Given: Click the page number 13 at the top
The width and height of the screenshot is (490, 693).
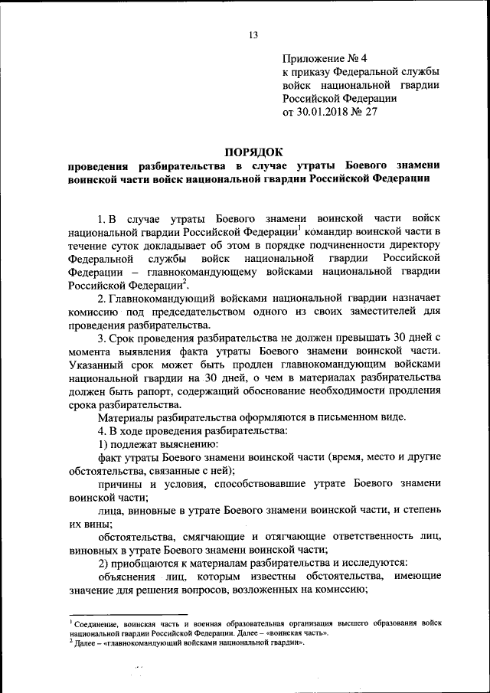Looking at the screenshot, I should point(253,34).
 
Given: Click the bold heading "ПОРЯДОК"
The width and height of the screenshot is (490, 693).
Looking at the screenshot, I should point(253,152).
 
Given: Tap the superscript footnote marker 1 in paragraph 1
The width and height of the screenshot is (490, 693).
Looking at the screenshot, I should point(299,227).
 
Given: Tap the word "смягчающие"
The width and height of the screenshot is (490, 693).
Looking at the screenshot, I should point(212,534).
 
